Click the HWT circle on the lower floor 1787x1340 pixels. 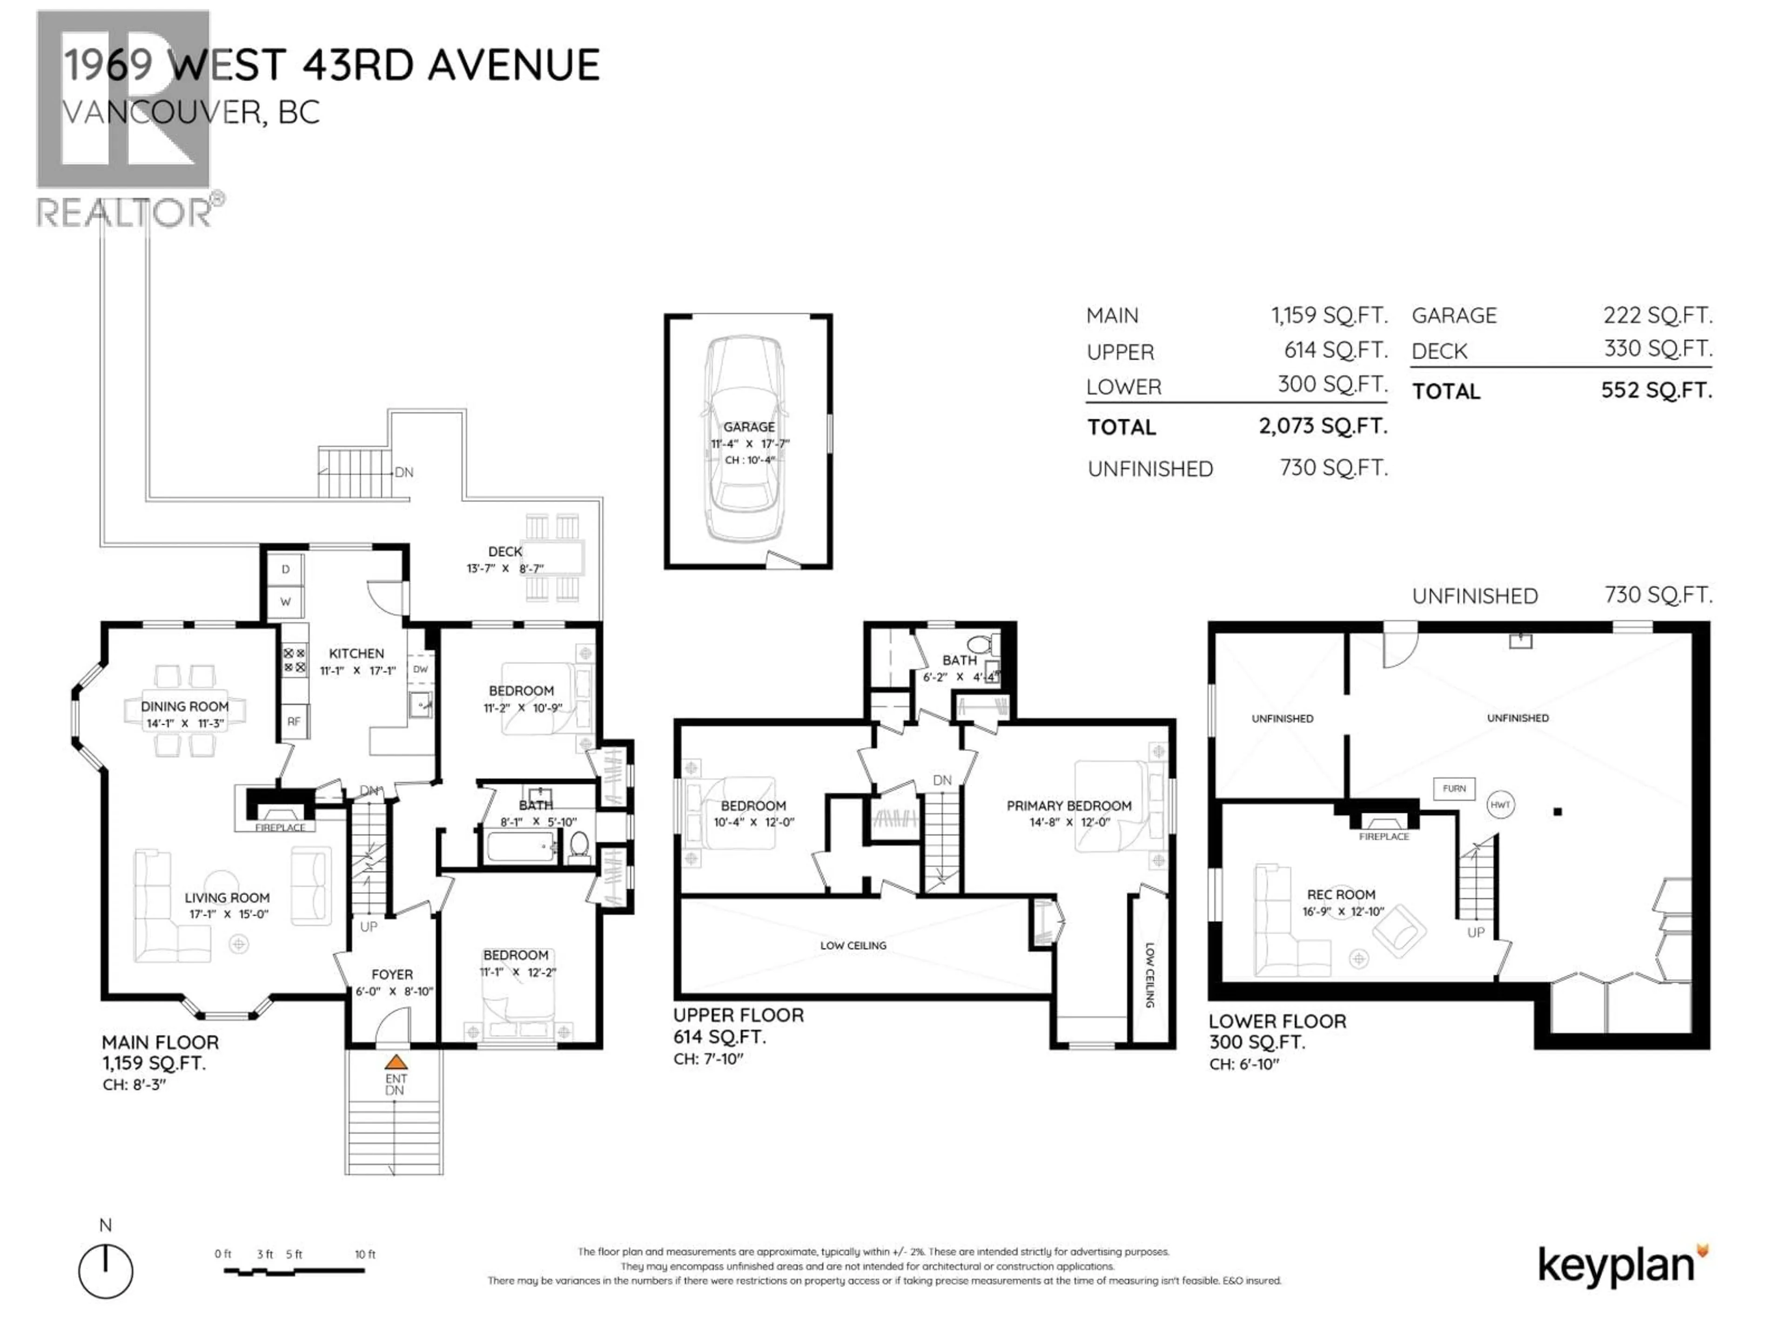[x=1500, y=804]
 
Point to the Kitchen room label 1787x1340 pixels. [x=356, y=653]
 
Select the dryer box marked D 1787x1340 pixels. [x=285, y=569]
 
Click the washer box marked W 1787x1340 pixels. [x=285, y=602]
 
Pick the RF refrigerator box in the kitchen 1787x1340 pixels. [x=294, y=721]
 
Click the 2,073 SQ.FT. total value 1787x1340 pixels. [x=1323, y=426]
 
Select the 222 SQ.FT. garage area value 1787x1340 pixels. [x=1657, y=315]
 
